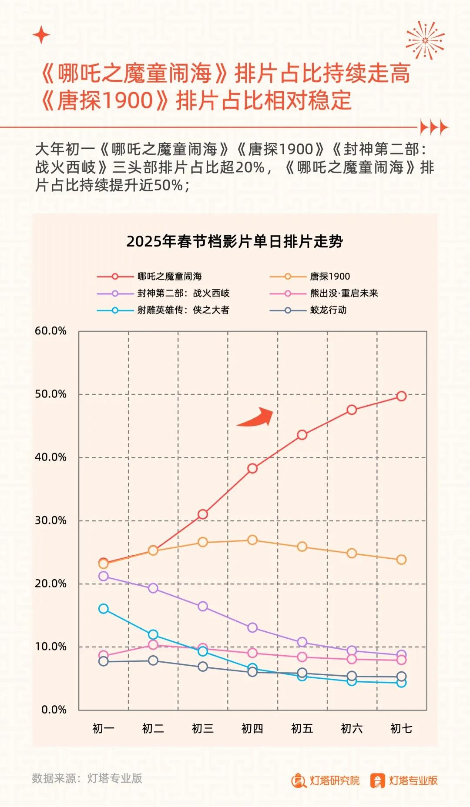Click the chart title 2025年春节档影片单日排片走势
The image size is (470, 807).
[x=235, y=241]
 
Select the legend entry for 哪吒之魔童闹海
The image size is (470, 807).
[x=169, y=277]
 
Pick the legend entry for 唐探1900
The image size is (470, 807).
[x=329, y=277]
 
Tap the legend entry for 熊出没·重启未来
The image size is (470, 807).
[x=344, y=293]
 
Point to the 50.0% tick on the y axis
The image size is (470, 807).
[x=50, y=394]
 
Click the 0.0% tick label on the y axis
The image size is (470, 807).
[x=54, y=710]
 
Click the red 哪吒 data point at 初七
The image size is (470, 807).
[x=401, y=396]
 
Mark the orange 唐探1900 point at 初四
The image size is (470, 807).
[x=252, y=540]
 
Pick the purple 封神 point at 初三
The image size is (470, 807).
[x=203, y=606]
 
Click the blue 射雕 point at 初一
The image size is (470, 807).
[x=104, y=609]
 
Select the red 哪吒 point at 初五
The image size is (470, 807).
[x=302, y=435]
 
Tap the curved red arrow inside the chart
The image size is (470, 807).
[x=257, y=417]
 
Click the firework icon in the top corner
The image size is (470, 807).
[x=425, y=40]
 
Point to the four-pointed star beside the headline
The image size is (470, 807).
[x=41, y=35]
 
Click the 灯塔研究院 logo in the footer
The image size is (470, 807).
[x=326, y=780]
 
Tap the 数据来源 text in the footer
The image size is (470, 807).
[x=87, y=778]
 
